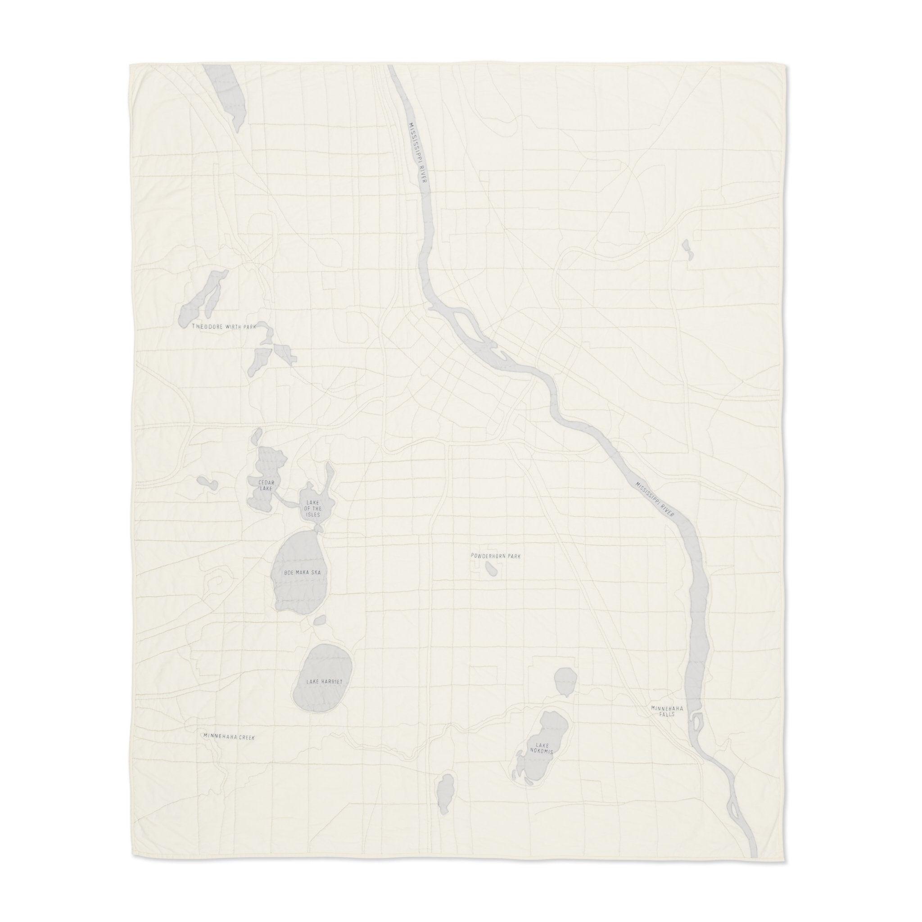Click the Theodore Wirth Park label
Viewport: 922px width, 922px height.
point(224,327)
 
